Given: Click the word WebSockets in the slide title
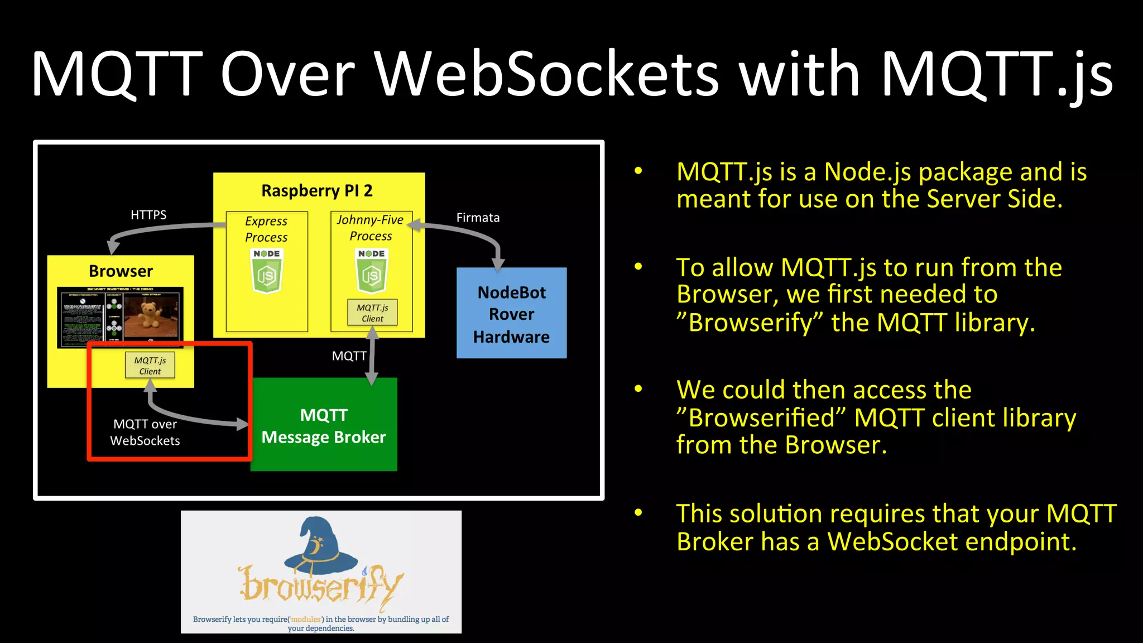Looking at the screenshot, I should pos(547,74).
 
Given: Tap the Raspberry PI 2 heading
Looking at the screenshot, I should pos(316,191).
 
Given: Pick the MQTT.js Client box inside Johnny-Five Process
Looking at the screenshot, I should pos(372,313).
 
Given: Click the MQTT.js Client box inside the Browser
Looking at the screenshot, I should pos(150,366).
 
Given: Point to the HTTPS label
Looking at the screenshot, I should pos(148,215).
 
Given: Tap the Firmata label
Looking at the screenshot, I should pos(478,218).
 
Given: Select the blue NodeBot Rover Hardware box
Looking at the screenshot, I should pos(511,314).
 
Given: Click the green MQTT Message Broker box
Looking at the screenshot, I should pos(324,425).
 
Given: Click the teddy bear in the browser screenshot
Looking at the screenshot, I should pos(149,315).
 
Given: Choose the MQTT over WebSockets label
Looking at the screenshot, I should pos(145,433).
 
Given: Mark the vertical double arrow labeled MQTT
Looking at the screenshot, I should pos(372,356).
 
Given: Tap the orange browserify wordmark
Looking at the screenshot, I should pos(321,586).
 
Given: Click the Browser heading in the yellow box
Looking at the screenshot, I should pos(121,271).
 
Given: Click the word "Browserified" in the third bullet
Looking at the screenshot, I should pos(761,418).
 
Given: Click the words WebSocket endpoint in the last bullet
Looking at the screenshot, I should pos(951,541).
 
